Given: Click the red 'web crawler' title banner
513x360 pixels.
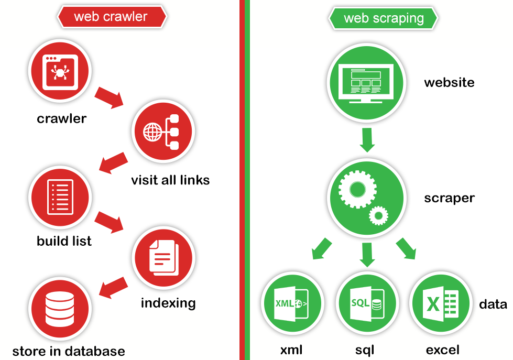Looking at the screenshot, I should [111, 17].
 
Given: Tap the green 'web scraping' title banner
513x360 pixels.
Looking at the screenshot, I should [383, 18].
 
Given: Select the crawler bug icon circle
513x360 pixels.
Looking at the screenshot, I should [60, 71].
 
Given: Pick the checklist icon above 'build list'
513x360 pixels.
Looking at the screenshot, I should [60, 197].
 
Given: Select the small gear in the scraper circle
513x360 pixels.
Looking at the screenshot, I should [378, 214].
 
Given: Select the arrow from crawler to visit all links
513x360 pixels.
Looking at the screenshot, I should [109, 97].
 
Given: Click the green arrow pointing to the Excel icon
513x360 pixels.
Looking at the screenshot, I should [406, 248].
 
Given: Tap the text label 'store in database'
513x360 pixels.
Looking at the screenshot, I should [69, 351].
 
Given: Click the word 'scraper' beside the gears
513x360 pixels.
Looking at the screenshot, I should [449, 198].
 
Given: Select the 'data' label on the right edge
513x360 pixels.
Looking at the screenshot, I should [493, 304].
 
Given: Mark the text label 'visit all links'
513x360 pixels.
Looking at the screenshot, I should [170, 180].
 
